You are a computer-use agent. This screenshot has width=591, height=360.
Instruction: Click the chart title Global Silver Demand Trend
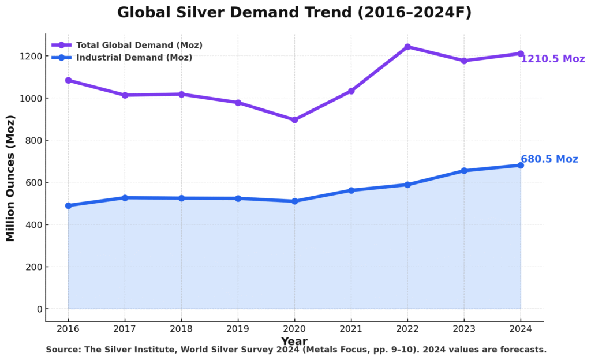[294, 13]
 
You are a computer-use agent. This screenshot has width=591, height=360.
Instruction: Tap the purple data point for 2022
[407, 47]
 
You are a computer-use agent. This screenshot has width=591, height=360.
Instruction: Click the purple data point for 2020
[294, 120]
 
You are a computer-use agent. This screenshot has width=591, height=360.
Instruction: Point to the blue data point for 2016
[68, 205]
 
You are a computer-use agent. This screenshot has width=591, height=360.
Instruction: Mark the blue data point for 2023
[464, 171]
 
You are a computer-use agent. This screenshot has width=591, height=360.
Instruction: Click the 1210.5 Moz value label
[552, 59]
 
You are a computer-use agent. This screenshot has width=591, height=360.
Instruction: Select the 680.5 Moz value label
[549, 159]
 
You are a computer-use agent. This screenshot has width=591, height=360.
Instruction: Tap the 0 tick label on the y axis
[39, 309]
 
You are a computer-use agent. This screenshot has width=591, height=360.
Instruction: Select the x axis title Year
[294, 342]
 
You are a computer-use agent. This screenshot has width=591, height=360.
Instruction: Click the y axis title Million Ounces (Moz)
[10, 178]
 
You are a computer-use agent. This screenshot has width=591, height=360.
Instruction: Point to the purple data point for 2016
[68, 80]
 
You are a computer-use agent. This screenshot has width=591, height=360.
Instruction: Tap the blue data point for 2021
[351, 190]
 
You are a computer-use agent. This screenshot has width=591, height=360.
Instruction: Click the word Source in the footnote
[63, 350]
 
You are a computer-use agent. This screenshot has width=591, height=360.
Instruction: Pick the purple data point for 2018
[181, 94]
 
